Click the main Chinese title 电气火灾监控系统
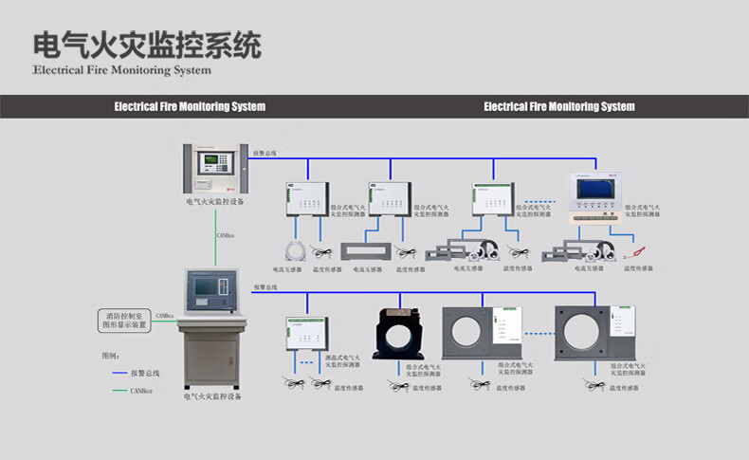click(x=147, y=45)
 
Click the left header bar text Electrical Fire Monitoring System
click(x=189, y=107)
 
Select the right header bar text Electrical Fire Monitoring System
click(x=558, y=107)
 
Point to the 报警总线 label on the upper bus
click(x=265, y=152)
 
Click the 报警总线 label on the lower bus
click(x=265, y=286)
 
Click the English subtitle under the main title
click(x=121, y=70)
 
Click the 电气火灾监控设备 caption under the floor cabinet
click(x=213, y=396)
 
